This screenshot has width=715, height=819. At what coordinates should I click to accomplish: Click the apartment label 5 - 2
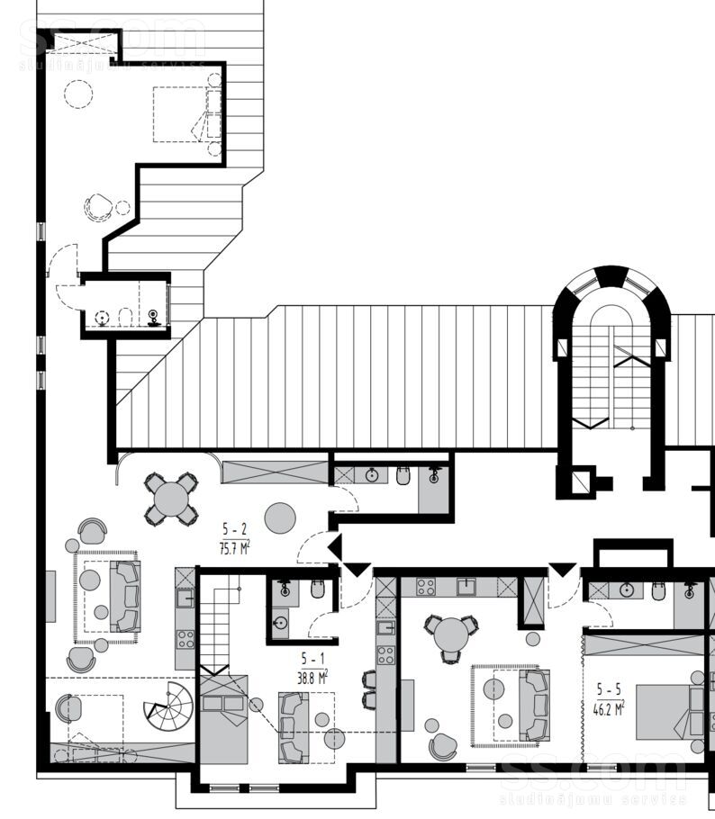pyautogui.click(x=234, y=528)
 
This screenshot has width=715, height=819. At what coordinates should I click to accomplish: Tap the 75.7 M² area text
pyautogui.click(x=235, y=548)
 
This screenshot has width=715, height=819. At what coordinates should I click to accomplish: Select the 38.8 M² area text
pyautogui.click(x=312, y=678)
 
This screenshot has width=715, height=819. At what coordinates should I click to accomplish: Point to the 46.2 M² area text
pyautogui.click(x=609, y=709)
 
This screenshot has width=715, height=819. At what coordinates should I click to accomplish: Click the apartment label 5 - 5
pyautogui.click(x=609, y=689)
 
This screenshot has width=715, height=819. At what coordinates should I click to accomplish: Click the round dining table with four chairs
pyautogui.click(x=171, y=499)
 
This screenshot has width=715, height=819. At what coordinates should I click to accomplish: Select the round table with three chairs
pyautogui.click(x=451, y=637)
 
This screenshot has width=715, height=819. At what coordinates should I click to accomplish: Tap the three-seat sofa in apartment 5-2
pyautogui.click(x=125, y=596)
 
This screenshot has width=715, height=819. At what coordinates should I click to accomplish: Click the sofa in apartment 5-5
pyautogui.click(x=534, y=705)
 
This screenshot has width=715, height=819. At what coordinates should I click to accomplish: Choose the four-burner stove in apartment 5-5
pyautogui.click(x=425, y=587)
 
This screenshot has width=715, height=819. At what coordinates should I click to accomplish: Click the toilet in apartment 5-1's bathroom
pyautogui.click(x=318, y=589)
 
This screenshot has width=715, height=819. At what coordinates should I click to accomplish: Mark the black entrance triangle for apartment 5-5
pyautogui.click(x=563, y=570)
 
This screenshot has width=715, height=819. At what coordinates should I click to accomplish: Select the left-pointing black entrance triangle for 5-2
pyautogui.click(x=335, y=547)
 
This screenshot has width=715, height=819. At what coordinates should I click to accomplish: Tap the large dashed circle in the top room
pyautogui.click(x=78, y=94)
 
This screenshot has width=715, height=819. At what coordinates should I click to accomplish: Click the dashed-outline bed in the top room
pyautogui.click(x=177, y=114)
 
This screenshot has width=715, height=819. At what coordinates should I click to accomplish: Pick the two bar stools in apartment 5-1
pyautogui.click(x=369, y=689)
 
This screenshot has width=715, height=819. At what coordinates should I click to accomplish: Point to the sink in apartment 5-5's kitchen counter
pyautogui.click(x=466, y=587)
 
